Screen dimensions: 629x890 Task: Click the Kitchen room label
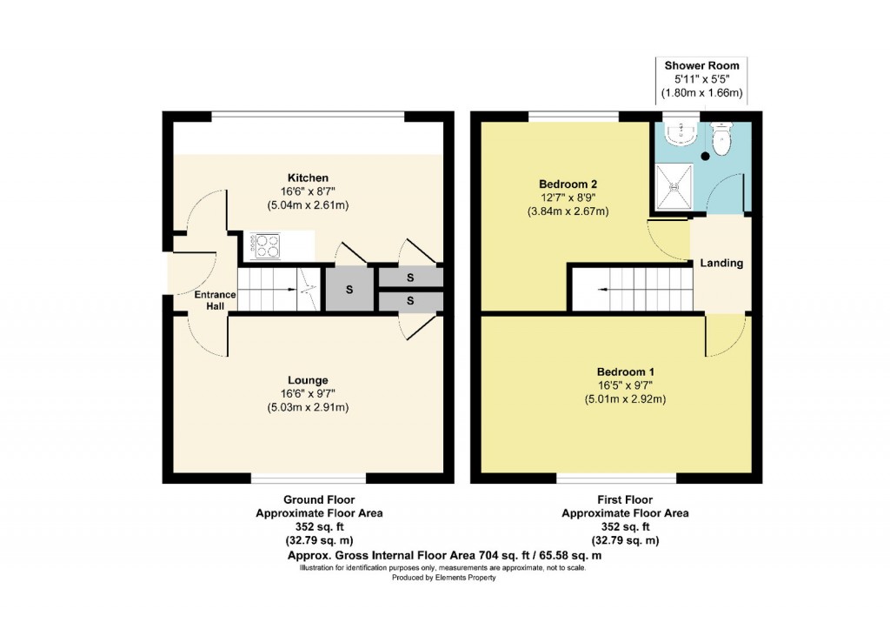click(309, 177)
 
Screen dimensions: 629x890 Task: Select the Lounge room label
click(309, 380)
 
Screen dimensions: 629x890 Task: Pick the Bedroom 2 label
click(568, 184)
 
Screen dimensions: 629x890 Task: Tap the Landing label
click(722, 263)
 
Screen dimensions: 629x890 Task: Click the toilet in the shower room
click(722, 134)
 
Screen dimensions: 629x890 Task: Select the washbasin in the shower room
click(680, 131)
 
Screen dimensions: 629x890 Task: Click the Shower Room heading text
click(701, 65)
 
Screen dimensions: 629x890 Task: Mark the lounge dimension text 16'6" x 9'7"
click(309, 393)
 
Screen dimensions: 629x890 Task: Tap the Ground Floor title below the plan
click(319, 499)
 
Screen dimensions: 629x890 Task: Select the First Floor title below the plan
click(625, 499)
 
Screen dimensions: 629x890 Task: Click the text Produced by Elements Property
click(443, 578)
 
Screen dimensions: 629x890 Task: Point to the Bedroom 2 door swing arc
click(665, 239)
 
